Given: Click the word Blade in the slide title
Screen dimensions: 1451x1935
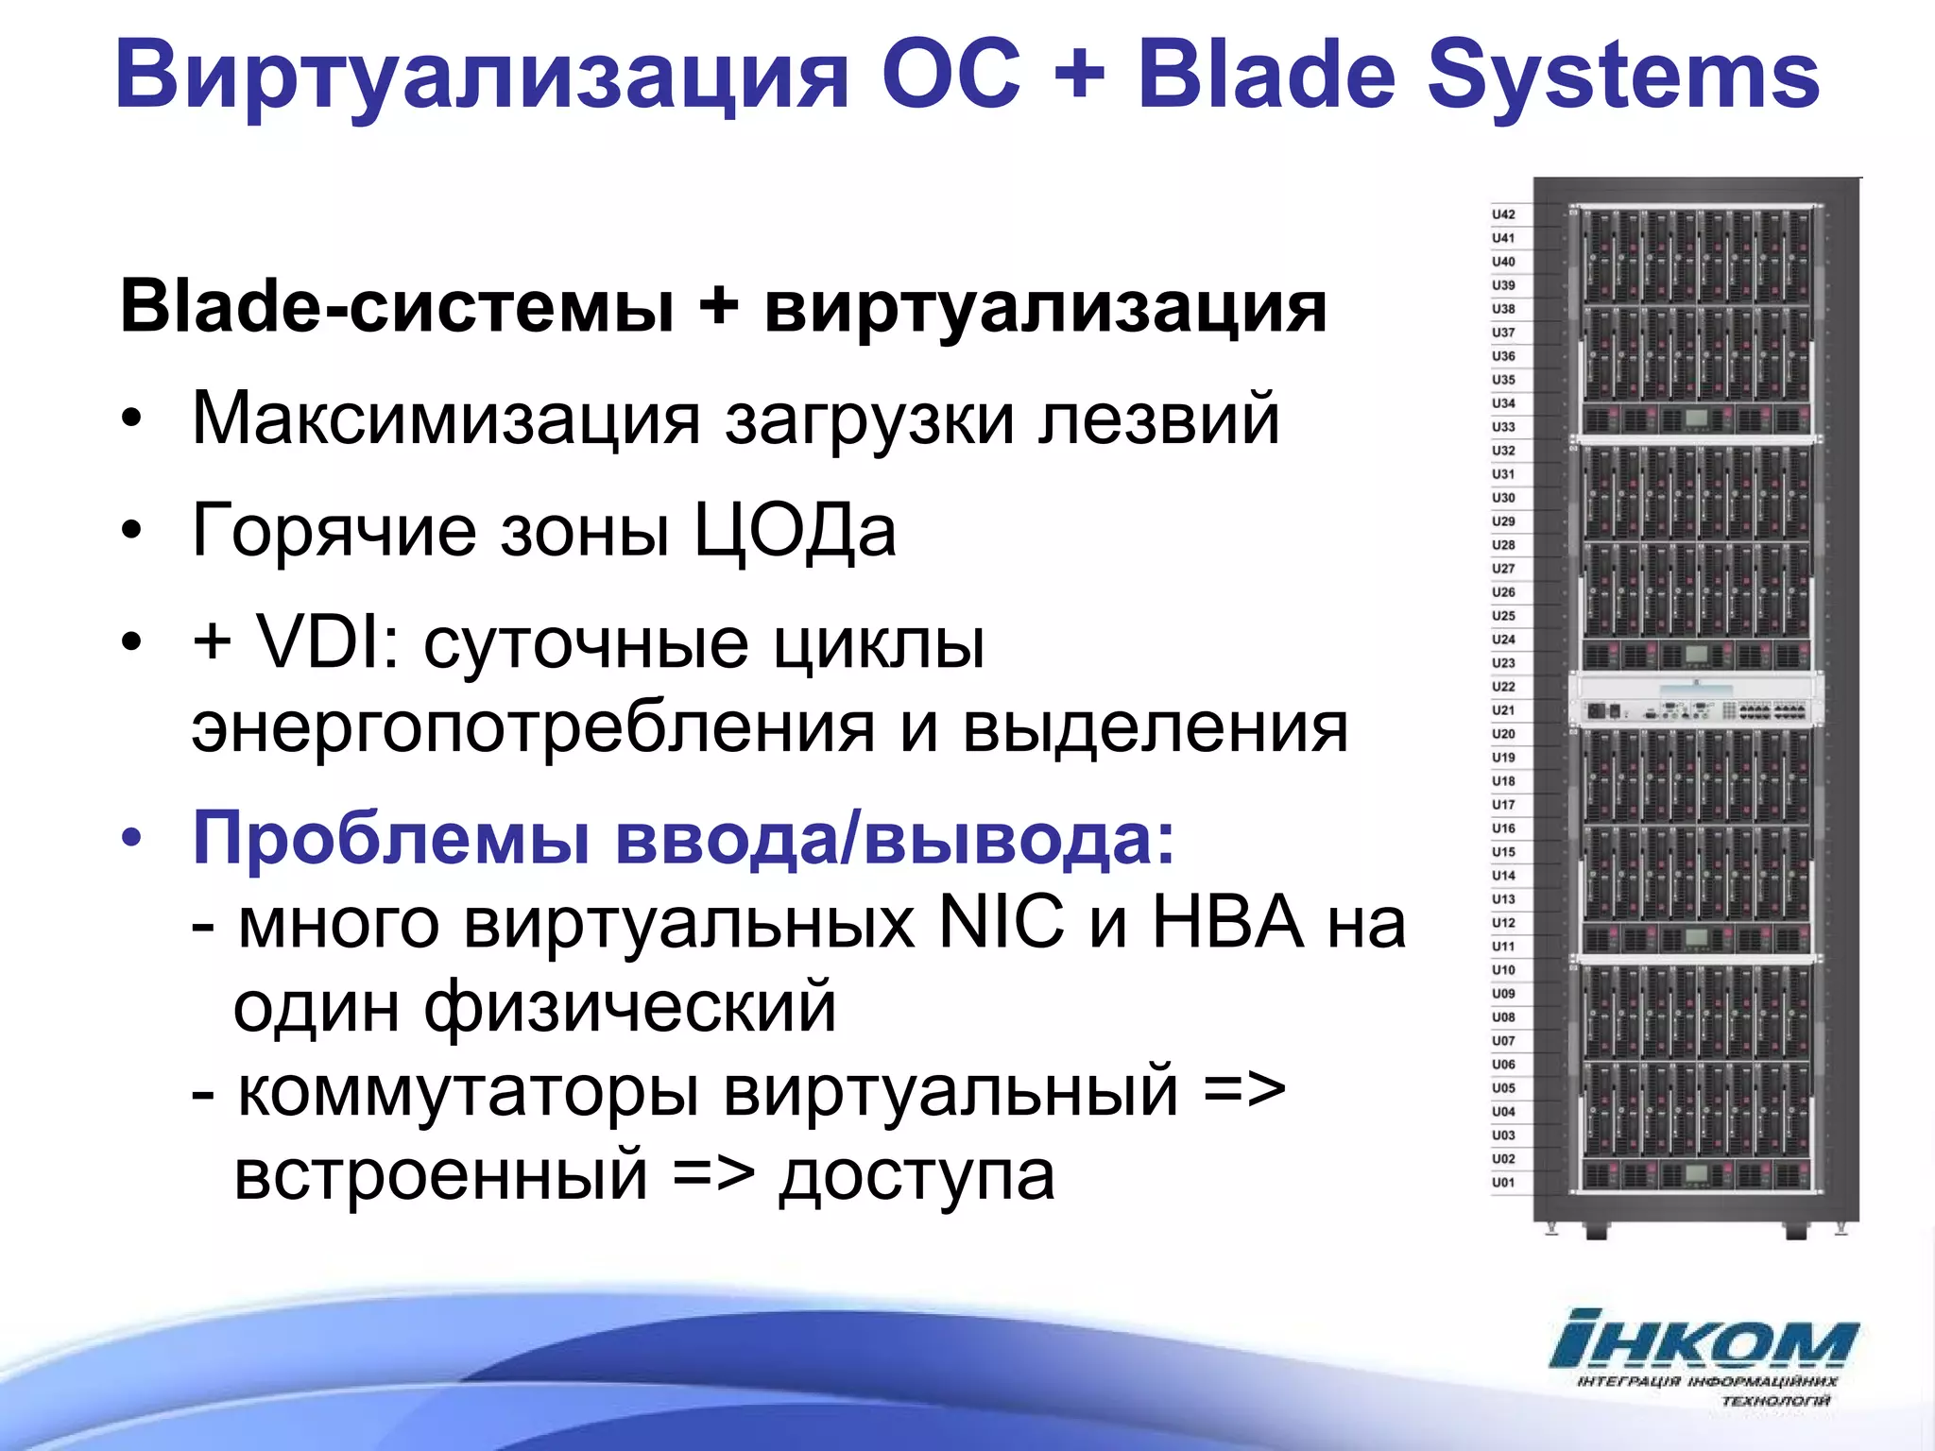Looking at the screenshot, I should pyautogui.click(x=1266, y=76).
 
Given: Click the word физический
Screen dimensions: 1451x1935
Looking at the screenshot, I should pyautogui.click(x=629, y=1007).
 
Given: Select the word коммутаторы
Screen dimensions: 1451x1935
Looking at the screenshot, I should pyautogui.click(x=469, y=1092).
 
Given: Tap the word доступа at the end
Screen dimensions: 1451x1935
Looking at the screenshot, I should pyautogui.click(x=916, y=1176).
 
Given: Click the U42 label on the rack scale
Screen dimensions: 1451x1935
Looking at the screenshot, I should pyautogui.click(x=1503, y=214).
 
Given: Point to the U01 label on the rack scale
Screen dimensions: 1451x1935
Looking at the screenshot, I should pyautogui.click(x=1503, y=1183).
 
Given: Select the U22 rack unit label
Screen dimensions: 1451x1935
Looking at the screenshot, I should pyautogui.click(x=1503, y=687).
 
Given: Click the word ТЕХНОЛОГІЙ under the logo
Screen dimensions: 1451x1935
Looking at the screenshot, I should pyautogui.click(x=1775, y=1401).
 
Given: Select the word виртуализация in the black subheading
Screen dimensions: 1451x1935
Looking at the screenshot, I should pyautogui.click(x=1045, y=307).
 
